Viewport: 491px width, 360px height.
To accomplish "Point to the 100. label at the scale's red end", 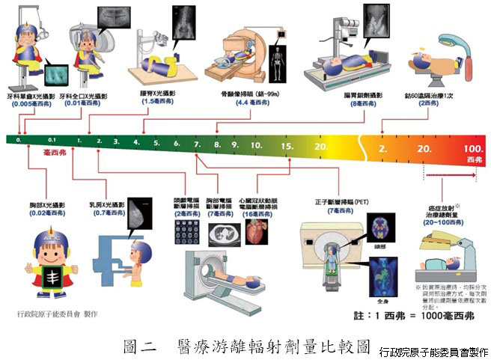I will tap(473, 149).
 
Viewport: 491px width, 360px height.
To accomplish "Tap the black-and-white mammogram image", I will tap(138, 212).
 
